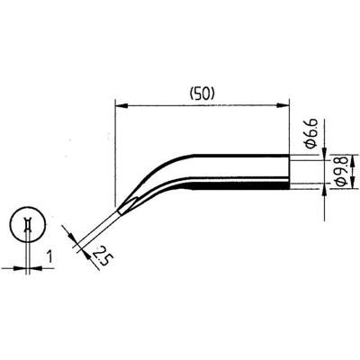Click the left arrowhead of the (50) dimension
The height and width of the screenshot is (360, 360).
(x=121, y=106)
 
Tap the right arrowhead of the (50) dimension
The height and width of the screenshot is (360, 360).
(x=293, y=106)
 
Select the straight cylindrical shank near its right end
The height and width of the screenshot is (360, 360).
(x=270, y=171)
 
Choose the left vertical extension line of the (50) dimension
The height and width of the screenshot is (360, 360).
(x=117, y=153)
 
